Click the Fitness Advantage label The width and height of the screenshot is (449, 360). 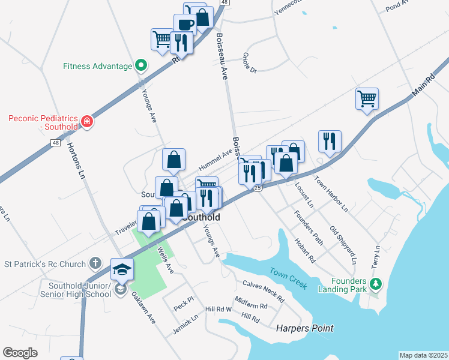(97, 66)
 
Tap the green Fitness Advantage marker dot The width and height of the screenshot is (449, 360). (141, 65)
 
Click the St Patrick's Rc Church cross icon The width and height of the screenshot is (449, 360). (95, 263)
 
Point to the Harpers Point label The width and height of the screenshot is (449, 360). (304, 328)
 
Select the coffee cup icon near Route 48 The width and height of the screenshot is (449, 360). (185, 24)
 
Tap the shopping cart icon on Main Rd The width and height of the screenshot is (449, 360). (367, 98)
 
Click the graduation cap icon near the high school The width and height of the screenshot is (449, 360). (122, 268)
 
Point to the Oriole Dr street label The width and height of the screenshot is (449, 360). (249, 63)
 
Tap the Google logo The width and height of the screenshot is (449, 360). (20, 352)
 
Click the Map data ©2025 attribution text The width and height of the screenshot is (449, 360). (423, 355)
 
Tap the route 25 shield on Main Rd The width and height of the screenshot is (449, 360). (257, 188)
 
